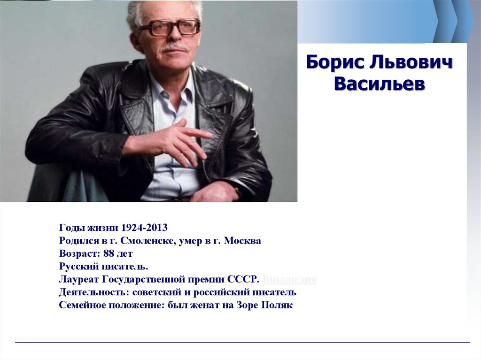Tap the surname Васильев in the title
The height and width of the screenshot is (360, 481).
point(379,84)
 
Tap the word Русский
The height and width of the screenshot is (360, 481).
point(78,267)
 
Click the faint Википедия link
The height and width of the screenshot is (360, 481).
point(289,280)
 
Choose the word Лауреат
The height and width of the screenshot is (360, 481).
point(77,280)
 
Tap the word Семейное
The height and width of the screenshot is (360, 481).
point(82,306)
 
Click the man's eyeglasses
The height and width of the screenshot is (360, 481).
point(169,27)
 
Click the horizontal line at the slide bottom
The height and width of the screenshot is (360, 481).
point(242,343)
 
